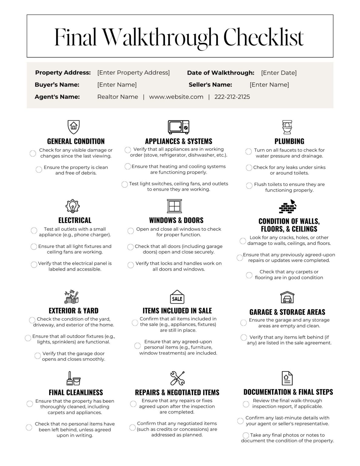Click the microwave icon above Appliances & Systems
pyautogui.click(x=178, y=127)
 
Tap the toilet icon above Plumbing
pyautogui.click(x=287, y=127)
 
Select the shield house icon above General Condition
pyautogui.click(x=73, y=126)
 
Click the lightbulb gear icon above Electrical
pyautogui.click(x=73, y=206)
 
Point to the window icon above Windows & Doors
pyautogui.click(x=174, y=206)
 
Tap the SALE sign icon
pyautogui.click(x=177, y=297)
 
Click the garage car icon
pyautogui.click(x=287, y=298)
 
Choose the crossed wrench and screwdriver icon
pyautogui.click(x=177, y=378)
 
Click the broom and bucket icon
pyautogui.click(x=73, y=378)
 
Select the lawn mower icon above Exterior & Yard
pyautogui.click(x=72, y=297)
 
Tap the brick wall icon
pyautogui.click(x=287, y=207)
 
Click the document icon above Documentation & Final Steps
pyautogui.click(x=287, y=378)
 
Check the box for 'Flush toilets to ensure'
pyautogui.click(x=249, y=186)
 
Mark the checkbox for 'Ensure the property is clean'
pyautogui.click(x=39, y=169)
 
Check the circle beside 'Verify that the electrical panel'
pyautogui.click(x=34, y=265)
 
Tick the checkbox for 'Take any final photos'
pyautogui.click(x=246, y=435)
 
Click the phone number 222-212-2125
pyautogui.click(x=232, y=97)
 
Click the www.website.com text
pyautogui.click(x=176, y=97)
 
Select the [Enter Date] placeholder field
pyautogui.click(x=279, y=73)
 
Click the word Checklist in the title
pyautogui.click(x=263, y=37)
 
